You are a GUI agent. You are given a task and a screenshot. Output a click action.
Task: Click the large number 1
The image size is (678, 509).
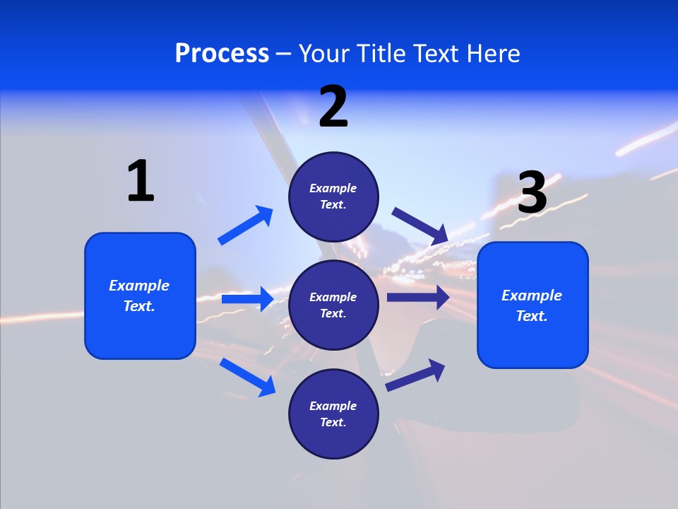141,181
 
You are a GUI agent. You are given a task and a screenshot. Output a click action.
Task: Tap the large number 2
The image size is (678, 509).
333,107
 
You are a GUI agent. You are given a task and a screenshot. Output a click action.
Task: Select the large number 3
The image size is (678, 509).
532,192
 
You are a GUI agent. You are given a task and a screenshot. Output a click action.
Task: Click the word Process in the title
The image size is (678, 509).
222,53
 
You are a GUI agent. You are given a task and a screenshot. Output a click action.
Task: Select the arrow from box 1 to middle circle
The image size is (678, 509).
247,299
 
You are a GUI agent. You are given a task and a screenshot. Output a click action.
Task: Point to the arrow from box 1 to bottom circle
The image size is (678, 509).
248,377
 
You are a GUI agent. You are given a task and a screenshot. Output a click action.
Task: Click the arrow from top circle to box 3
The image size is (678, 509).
420,226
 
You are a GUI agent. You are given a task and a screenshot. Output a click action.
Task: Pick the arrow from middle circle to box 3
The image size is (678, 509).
417,297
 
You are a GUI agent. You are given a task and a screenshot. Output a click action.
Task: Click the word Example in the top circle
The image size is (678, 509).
333,188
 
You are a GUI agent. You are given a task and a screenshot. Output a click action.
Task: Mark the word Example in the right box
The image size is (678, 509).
532,296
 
